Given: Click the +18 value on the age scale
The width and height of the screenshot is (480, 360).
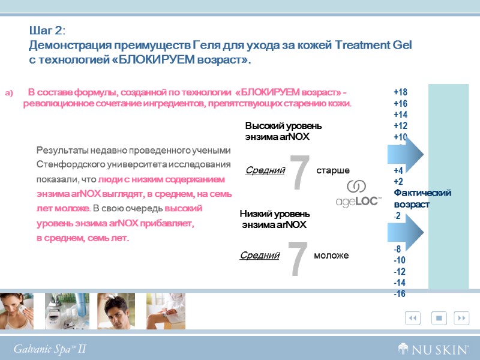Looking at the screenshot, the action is pos(400,92).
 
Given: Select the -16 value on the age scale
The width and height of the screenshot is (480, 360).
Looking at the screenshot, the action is pos(400,294).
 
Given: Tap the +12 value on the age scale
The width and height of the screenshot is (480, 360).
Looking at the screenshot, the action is pos(400,126).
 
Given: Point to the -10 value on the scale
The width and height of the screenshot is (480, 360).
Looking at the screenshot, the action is pos(400,260).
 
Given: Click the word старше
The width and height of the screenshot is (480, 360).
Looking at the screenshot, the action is pos(333,171).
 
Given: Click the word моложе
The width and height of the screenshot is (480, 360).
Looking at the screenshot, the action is pos(331,256).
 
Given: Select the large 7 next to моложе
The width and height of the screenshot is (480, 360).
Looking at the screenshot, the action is pos(298,259).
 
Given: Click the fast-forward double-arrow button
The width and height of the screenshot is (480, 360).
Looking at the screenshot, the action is pos(461,317).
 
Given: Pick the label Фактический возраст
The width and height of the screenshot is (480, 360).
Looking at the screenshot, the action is pos(422,198).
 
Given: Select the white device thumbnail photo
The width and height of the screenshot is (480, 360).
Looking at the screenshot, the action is pos(67,310).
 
